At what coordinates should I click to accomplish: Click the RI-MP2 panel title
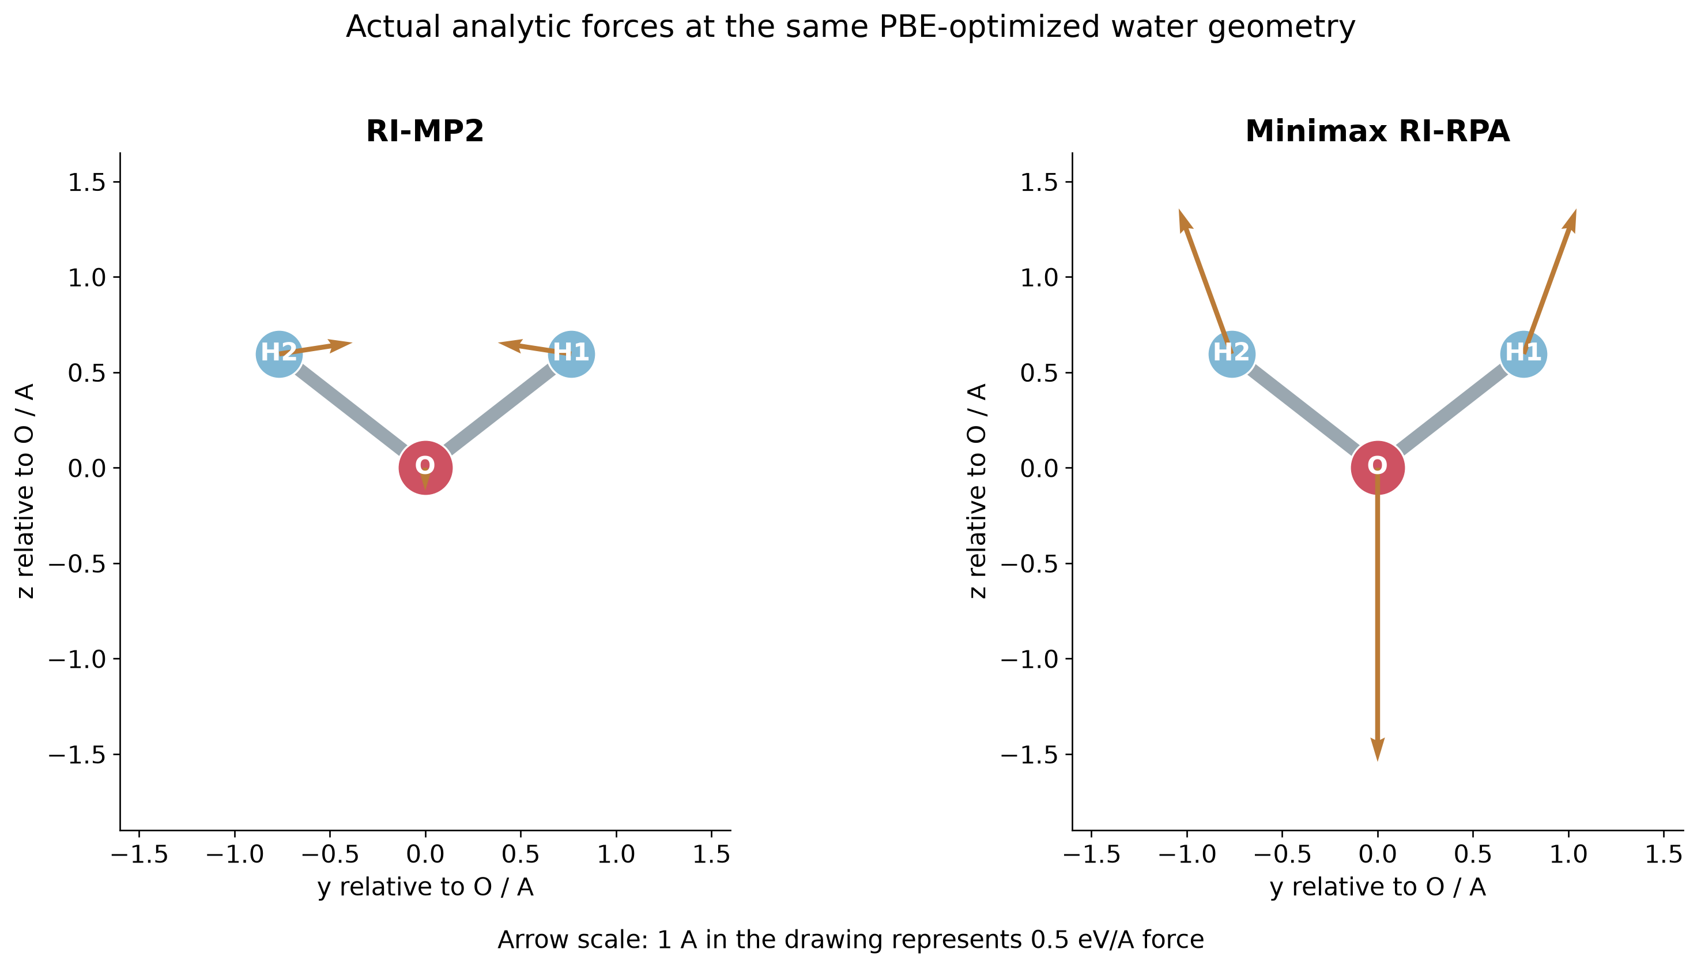pos(425,131)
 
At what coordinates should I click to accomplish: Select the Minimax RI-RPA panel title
pos(1377,131)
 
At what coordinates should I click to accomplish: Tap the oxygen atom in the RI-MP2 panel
pos(425,468)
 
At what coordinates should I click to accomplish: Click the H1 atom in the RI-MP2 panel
pos(571,353)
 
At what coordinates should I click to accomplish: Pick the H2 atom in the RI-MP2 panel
pos(279,353)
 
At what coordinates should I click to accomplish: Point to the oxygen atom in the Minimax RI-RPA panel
pos(1377,468)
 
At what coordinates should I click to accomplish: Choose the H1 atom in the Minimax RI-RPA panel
pos(1523,353)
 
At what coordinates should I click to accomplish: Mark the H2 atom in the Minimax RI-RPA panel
pos(1232,353)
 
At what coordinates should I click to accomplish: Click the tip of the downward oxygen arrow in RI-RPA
pos(1377,761)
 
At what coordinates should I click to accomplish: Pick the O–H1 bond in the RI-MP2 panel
pos(499,410)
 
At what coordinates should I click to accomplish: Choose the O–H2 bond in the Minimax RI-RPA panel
pos(1304,410)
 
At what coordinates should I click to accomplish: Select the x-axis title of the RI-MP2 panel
pos(425,886)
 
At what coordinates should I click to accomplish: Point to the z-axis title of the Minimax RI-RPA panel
pos(977,491)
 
